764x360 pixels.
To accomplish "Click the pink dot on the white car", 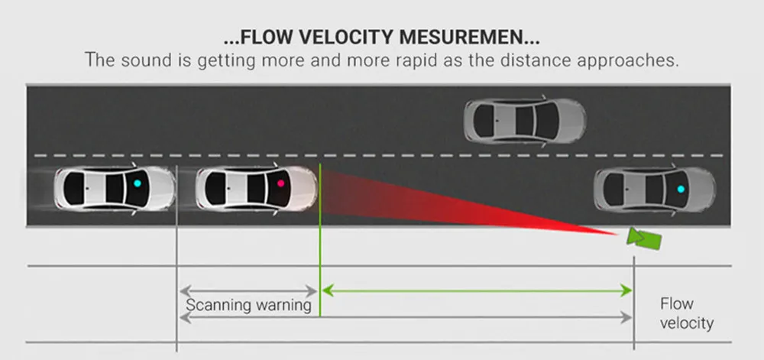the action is click(x=280, y=183).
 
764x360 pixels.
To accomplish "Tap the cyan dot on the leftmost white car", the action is click(x=137, y=183).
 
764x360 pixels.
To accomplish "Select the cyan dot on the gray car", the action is click(x=681, y=189).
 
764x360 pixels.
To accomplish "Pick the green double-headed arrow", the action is click(x=477, y=291).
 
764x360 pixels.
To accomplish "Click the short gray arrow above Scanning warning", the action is click(x=248, y=291).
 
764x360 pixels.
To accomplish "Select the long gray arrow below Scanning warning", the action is click(x=406, y=318).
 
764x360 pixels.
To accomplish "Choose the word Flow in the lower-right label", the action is click(x=677, y=304).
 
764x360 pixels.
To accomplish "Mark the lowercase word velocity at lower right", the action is click(x=687, y=323).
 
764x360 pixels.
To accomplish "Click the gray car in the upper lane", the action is click(x=525, y=121).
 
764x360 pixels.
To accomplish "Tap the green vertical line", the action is click(x=319, y=240).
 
